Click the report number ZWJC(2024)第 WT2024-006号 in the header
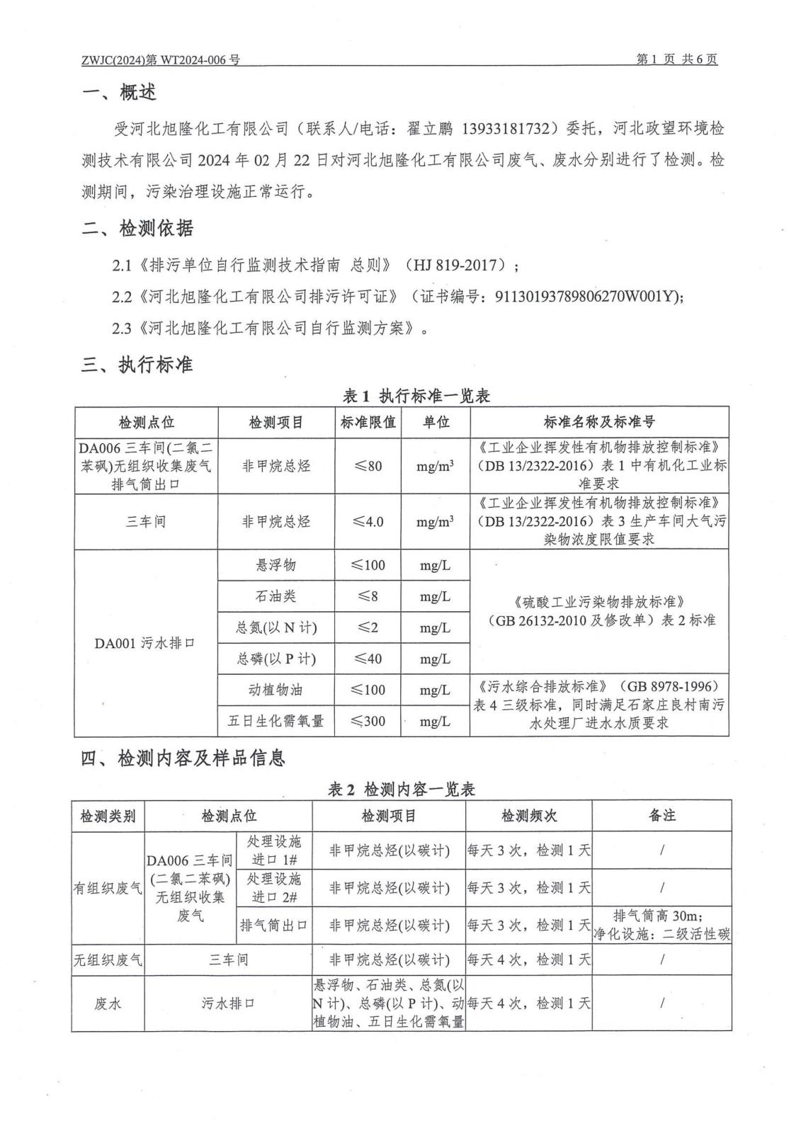[x=161, y=60]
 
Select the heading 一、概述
[x=119, y=92]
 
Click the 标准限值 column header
[x=368, y=422]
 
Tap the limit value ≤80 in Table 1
[x=368, y=466]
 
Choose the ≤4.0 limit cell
[x=368, y=522]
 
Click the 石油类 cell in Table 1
[x=275, y=596]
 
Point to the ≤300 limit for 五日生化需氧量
[x=368, y=721]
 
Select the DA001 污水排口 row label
[x=145, y=643]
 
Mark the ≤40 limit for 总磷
[x=368, y=659]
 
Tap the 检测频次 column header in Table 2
[x=529, y=816]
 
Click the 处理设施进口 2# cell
[x=275, y=887]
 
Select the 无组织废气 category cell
[x=108, y=960]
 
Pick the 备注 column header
[x=662, y=816]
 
